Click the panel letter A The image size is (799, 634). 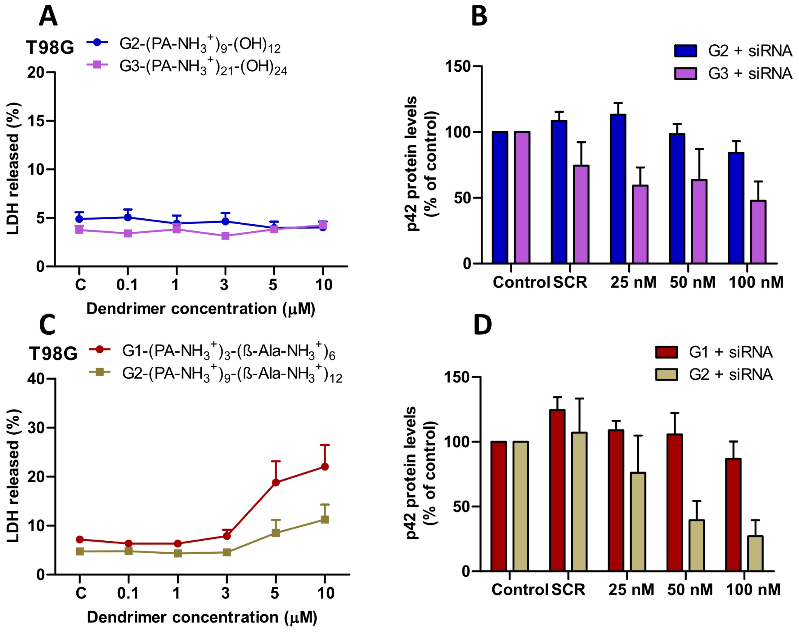(48, 16)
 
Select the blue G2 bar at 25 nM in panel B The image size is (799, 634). (618, 189)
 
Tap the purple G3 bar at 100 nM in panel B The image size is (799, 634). (758, 232)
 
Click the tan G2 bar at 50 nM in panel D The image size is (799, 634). (696, 545)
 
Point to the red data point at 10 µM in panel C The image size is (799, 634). (325, 467)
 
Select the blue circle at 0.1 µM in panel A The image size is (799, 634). (128, 217)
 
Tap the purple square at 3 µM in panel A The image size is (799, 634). (225, 236)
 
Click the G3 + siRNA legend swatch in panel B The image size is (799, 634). (685, 74)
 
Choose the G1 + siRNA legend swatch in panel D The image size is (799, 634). (666, 352)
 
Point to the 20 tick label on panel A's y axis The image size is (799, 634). (36, 72)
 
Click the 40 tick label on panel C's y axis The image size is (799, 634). (36, 379)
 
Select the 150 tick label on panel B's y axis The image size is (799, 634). (458, 67)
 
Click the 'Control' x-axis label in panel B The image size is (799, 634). (521, 282)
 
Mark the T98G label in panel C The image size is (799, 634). (53, 354)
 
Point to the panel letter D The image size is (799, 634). (483, 325)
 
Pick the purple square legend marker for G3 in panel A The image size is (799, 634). (97, 65)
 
